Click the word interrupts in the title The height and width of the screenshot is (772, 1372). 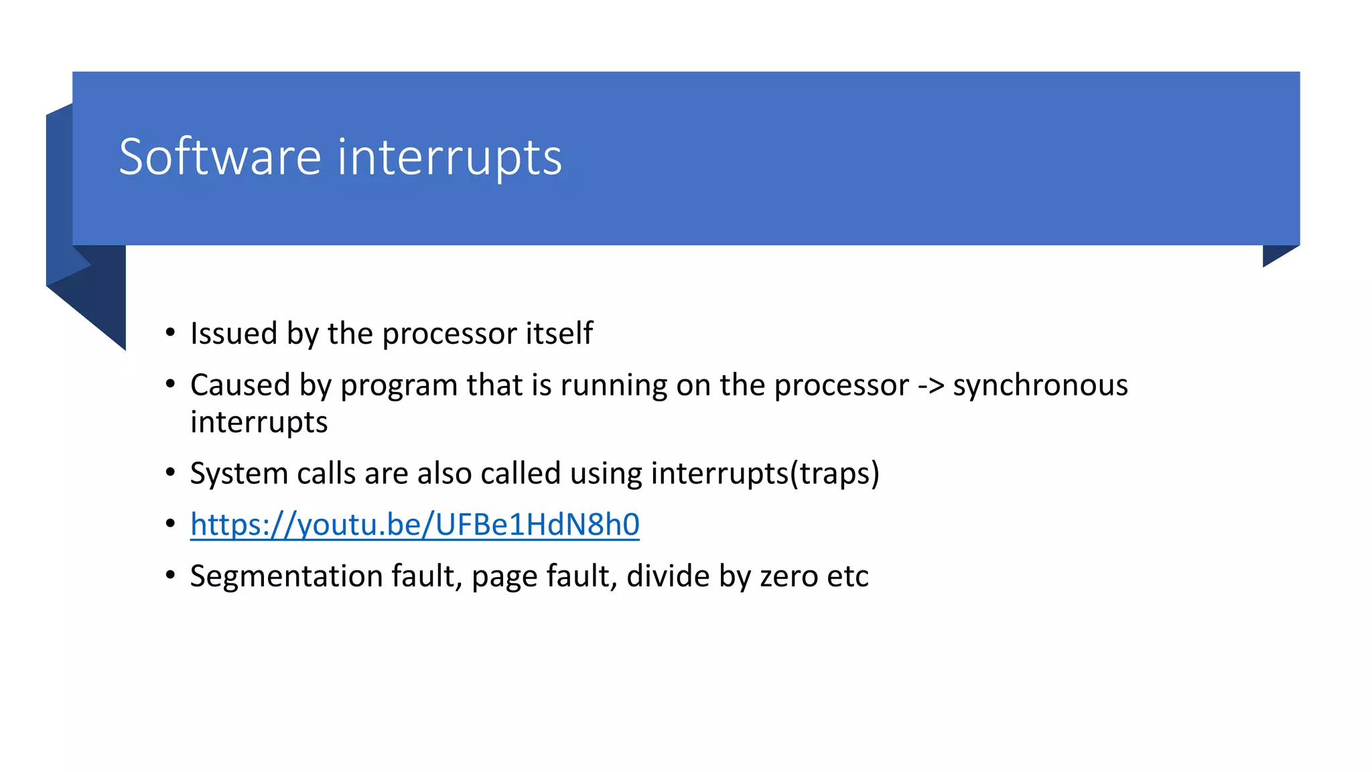[450, 158]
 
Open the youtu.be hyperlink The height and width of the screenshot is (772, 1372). [415, 525]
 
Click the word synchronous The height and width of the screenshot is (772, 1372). [1040, 386]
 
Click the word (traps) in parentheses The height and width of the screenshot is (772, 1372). [835, 474]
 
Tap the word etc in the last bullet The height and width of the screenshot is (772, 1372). [848, 576]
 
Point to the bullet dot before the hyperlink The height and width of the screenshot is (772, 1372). [171, 523]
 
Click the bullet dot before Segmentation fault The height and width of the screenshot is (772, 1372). [171, 574]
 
